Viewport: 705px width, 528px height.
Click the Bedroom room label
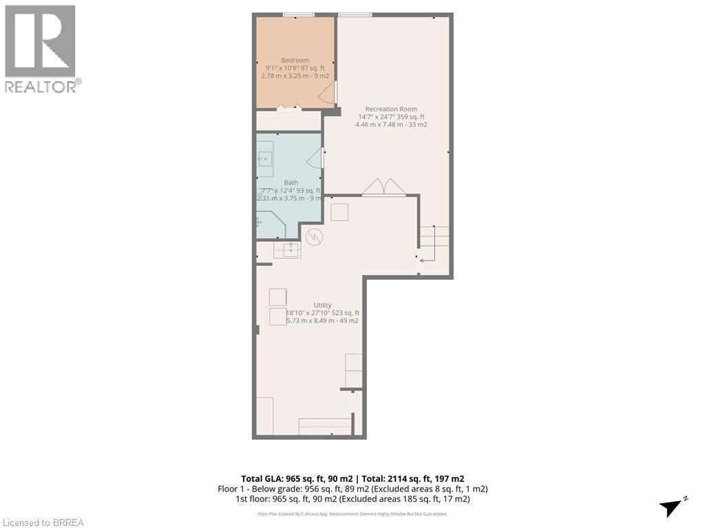click(x=295, y=60)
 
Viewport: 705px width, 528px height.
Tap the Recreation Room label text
click(x=390, y=109)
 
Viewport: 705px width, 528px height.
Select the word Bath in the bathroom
click(x=291, y=182)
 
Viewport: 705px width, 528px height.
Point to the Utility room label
click(x=322, y=305)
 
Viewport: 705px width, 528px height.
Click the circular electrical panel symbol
click(x=314, y=237)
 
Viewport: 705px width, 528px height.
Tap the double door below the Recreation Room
click(x=383, y=188)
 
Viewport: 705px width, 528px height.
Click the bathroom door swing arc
click(x=314, y=159)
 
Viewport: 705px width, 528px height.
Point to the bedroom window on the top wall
click(x=299, y=14)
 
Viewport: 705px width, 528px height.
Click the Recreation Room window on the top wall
click(x=355, y=14)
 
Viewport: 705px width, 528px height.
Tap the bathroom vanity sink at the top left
click(x=265, y=159)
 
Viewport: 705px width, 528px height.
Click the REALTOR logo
click(x=41, y=48)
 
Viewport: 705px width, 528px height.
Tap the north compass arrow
click(x=672, y=507)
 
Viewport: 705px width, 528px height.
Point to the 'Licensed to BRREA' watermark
click(x=43, y=522)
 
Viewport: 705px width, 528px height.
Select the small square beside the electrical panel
click(x=339, y=212)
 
